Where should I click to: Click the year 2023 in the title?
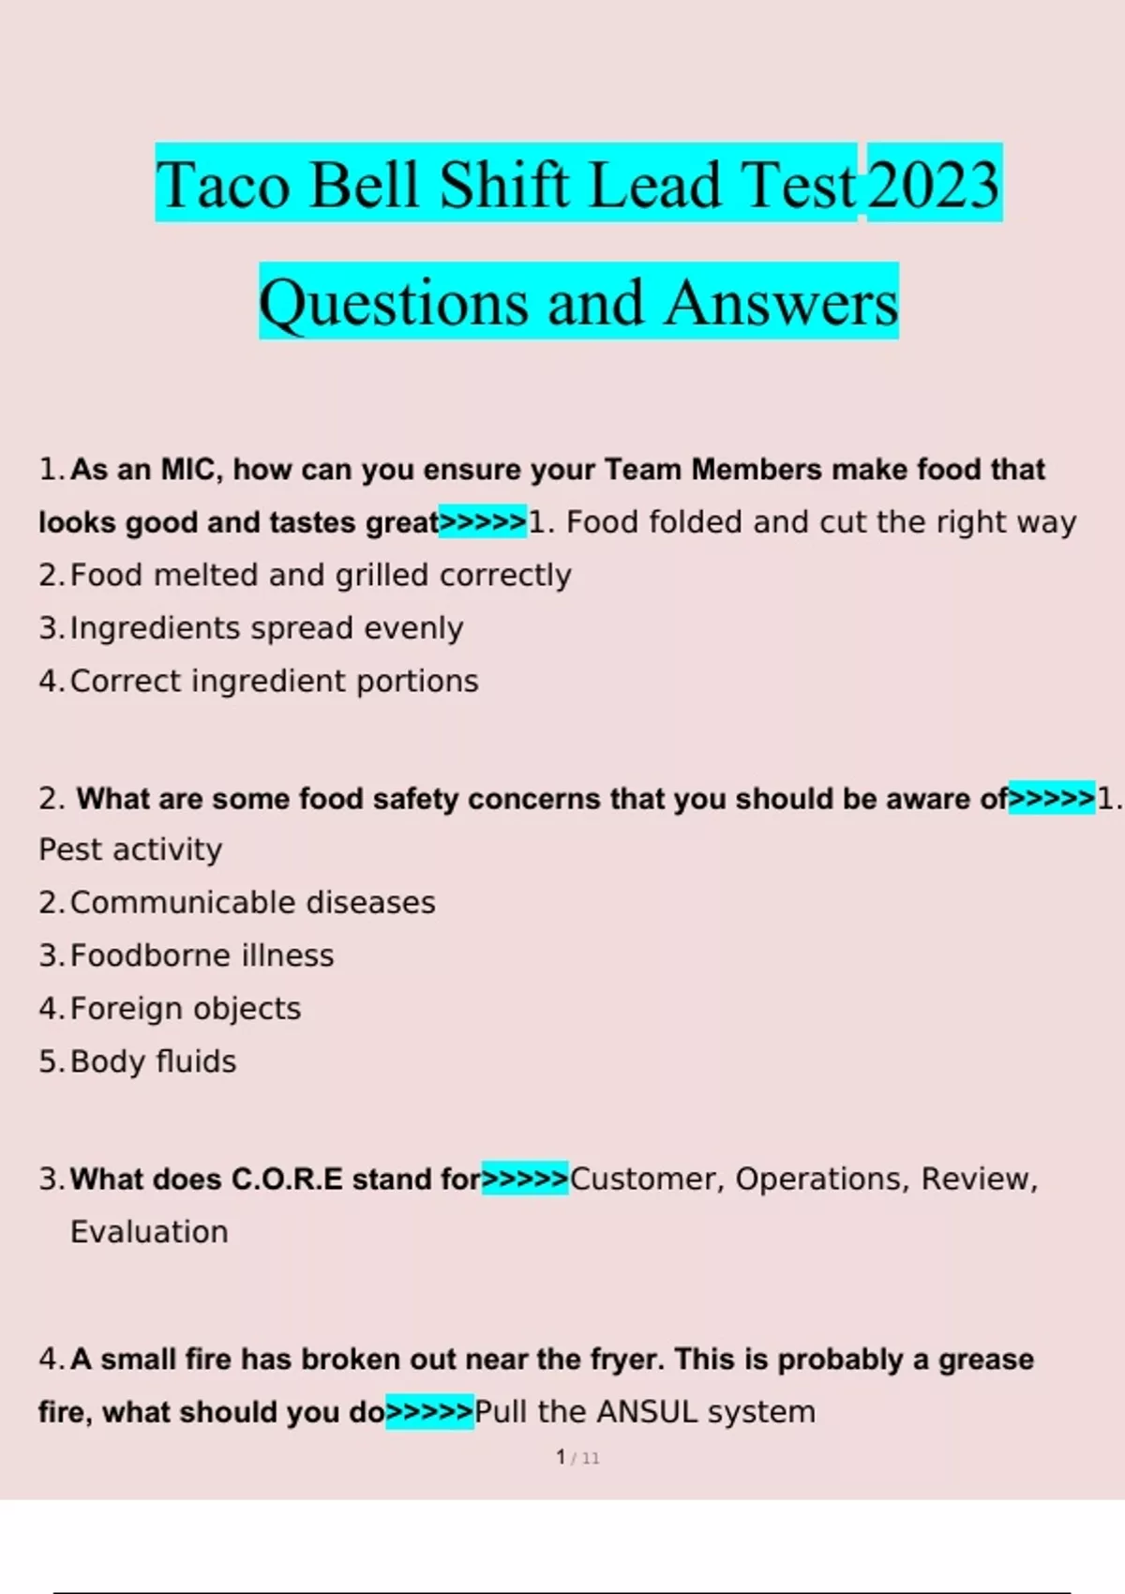pos(934,184)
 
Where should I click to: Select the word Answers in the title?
pos(781,303)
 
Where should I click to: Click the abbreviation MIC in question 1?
pos(191,469)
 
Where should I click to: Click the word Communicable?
pos(181,903)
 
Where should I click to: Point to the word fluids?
pos(196,1061)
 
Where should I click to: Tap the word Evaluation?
pos(149,1232)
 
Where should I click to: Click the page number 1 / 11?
pos(577,1458)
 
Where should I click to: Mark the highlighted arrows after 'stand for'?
pos(525,1179)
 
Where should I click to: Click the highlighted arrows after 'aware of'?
pos(1051,799)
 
